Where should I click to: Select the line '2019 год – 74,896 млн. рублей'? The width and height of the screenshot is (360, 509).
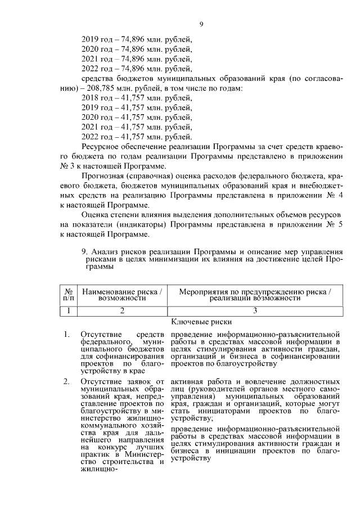tap(137, 39)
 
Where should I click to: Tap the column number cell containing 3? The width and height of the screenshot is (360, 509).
tap(255, 310)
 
